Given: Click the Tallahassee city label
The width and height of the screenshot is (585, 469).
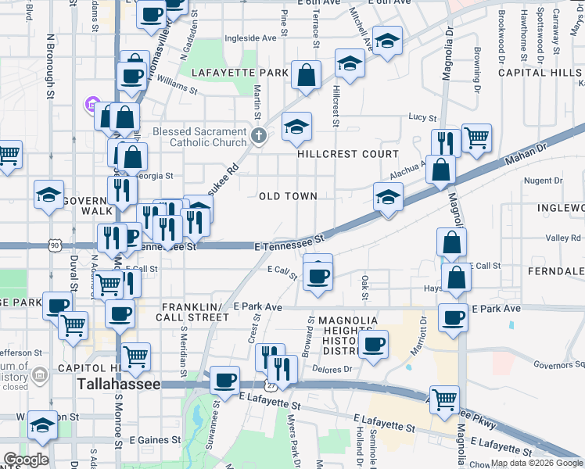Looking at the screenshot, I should pyautogui.click(x=118, y=385).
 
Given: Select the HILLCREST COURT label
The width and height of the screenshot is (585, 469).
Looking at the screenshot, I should pyautogui.click(x=348, y=154).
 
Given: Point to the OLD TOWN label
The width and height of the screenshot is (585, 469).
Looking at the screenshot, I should pyautogui.click(x=288, y=196).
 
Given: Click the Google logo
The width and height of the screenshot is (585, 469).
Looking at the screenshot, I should pyautogui.click(x=26, y=460).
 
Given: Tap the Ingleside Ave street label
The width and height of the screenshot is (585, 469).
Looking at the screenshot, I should pyautogui.click(x=251, y=37).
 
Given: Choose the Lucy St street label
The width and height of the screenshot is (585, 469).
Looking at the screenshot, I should pyautogui.click(x=422, y=117).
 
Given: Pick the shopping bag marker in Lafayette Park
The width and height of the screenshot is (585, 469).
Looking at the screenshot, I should pyautogui.click(x=307, y=76).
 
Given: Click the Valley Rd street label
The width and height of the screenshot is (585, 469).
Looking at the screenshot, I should pyautogui.click(x=563, y=238).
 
